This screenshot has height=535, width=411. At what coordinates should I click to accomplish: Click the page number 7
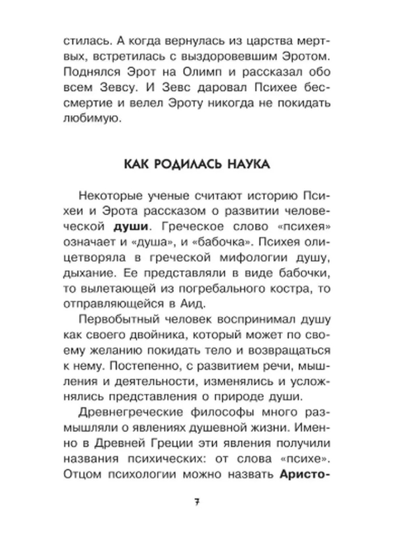click(x=197, y=502)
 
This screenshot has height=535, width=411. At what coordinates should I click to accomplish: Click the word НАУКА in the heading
click(x=249, y=165)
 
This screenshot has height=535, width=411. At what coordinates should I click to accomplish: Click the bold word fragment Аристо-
click(x=305, y=475)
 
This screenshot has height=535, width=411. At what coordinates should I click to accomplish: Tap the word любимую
click(x=91, y=119)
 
